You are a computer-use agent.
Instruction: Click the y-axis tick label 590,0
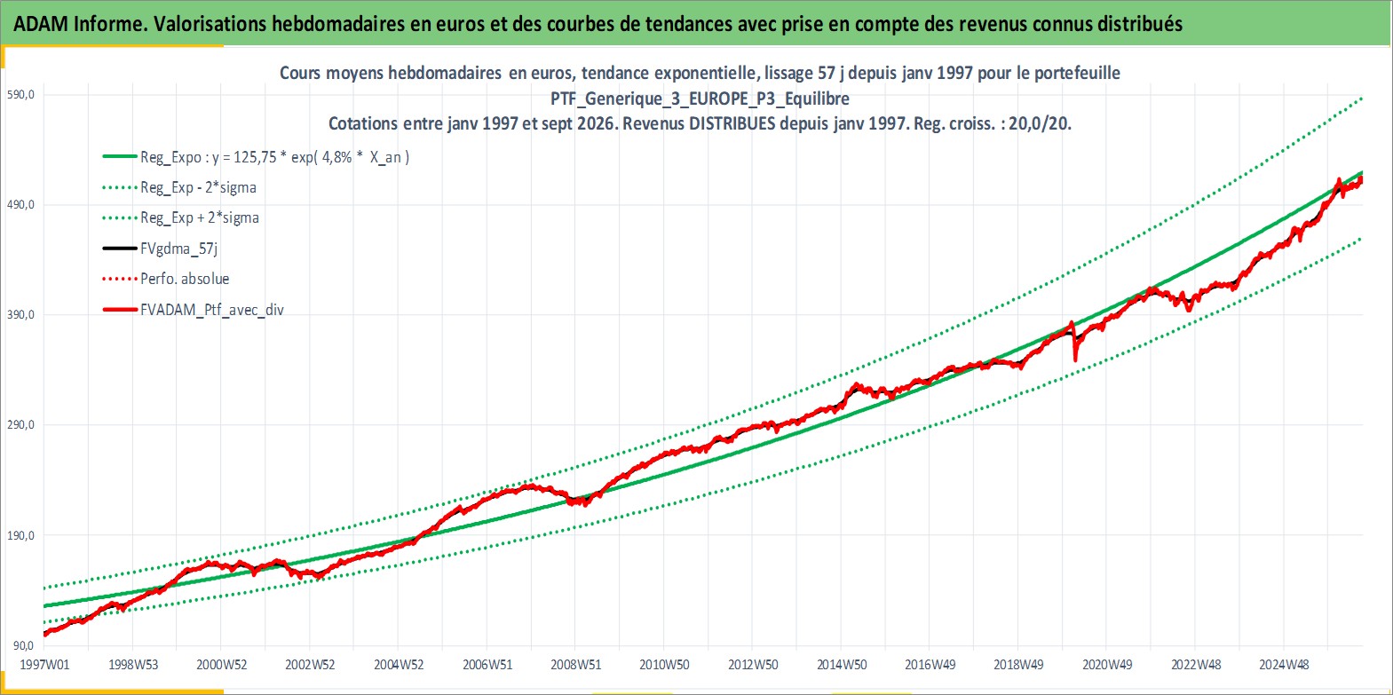[20, 95]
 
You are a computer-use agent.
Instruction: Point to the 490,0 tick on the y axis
[20, 205]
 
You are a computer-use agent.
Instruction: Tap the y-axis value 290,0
[20, 425]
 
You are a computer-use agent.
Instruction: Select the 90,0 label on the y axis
[23, 646]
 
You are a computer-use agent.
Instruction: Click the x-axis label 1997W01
[44, 665]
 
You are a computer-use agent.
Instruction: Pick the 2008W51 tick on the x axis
[576, 665]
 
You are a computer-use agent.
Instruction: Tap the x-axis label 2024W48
[1284, 665]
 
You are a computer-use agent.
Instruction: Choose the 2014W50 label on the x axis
[842, 665]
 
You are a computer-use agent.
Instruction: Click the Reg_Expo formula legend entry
[274, 157]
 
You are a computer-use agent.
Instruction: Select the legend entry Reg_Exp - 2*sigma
[198, 187]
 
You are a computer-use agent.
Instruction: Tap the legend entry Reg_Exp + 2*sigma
[200, 217]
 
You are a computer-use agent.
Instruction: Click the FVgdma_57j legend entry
[179, 249]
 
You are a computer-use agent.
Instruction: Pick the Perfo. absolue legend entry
[185, 279]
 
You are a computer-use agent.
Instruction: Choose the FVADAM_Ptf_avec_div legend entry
[212, 310]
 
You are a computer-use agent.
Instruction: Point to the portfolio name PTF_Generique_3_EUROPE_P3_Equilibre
[700, 99]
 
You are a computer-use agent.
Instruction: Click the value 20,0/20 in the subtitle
[1038, 123]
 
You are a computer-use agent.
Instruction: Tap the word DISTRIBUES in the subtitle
[732, 123]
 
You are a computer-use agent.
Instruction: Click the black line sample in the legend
[119, 249]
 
